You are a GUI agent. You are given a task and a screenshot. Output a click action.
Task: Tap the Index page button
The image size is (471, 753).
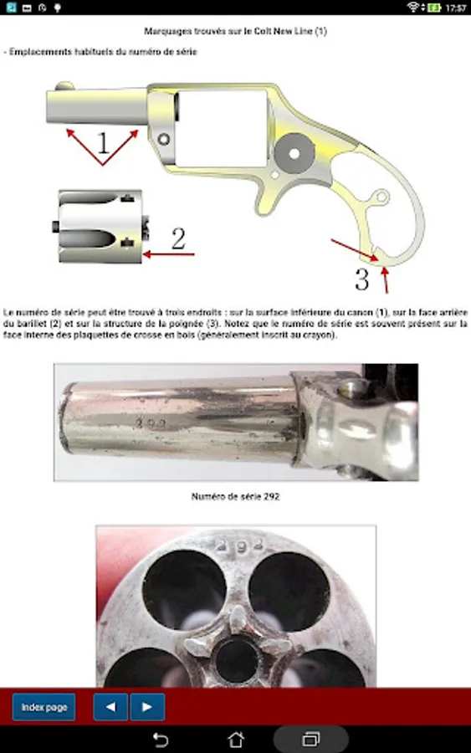(x=44, y=707)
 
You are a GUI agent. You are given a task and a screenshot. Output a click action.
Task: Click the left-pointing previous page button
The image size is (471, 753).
(x=110, y=707)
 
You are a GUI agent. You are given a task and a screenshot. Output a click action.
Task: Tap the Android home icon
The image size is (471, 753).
(x=235, y=740)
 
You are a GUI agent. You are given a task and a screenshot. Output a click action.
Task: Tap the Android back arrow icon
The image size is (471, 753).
(x=161, y=740)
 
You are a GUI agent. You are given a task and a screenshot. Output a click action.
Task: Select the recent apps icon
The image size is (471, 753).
(x=311, y=740)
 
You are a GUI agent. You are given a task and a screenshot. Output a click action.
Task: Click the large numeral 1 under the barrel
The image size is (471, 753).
(x=103, y=142)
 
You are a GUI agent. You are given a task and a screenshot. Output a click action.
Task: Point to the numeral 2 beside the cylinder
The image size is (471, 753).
(x=178, y=238)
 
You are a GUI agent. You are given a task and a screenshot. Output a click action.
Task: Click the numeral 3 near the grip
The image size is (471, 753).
(x=362, y=279)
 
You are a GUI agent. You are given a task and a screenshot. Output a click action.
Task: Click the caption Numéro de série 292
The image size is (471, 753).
(x=235, y=496)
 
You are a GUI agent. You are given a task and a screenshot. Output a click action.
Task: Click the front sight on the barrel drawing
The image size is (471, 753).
(x=64, y=86)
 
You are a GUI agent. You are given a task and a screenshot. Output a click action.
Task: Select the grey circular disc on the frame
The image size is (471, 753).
(x=294, y=153)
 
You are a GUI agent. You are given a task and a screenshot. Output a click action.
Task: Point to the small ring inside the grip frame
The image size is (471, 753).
(x=381, y=197)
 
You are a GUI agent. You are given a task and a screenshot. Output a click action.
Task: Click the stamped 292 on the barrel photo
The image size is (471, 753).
(x=151, y=423)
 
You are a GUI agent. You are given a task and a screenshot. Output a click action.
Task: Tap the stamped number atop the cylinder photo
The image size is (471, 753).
(x=239, y=545)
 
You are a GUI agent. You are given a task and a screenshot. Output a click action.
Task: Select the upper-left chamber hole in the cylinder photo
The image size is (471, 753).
(x=185, y=589)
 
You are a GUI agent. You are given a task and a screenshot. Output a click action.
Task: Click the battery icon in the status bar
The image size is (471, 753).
(x=434, y=8)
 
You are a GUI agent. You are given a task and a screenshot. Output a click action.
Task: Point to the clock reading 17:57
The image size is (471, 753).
(x=456, y=8)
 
